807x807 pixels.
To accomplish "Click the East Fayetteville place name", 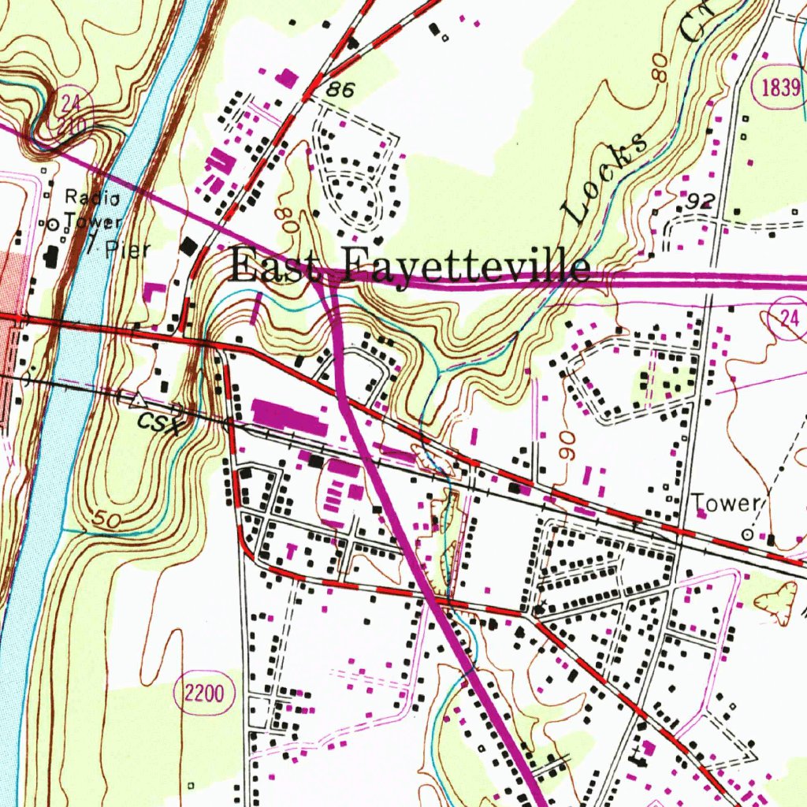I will click(x=410, y=266).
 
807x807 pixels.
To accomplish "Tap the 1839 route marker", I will click(x=780, y=87).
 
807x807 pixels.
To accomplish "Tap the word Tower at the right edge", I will click(x=724, y=504).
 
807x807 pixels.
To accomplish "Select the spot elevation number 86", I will click(x=340, y=91).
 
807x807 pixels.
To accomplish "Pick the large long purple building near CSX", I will click(x=288, y=416).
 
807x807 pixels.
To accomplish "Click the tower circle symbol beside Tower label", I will click(x=746, y=534).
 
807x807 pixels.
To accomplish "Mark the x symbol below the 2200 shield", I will click(x=192, y=785).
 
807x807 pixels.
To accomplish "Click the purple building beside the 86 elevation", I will click(x=289, y=77).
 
